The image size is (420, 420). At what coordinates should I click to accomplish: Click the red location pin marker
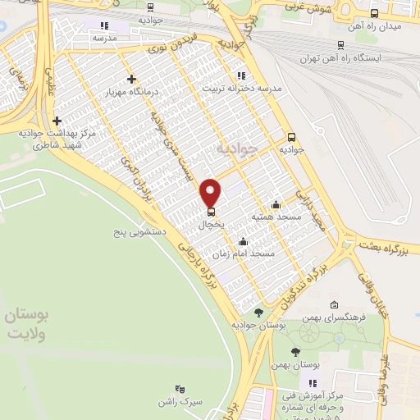coord(212,192)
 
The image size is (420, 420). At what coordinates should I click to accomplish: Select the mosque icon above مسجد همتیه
coord(276,204)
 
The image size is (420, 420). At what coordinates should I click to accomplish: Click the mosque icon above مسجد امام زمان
coord(243,242)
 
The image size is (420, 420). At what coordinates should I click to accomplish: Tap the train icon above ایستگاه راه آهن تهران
coord(340,45)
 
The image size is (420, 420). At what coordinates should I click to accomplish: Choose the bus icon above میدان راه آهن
coord(375,13)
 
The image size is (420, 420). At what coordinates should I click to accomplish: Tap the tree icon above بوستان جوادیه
coord(258,313)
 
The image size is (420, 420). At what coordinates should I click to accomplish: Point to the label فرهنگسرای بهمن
coord(334,316)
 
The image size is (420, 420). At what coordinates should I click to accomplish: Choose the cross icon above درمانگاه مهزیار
coord(130,79)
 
